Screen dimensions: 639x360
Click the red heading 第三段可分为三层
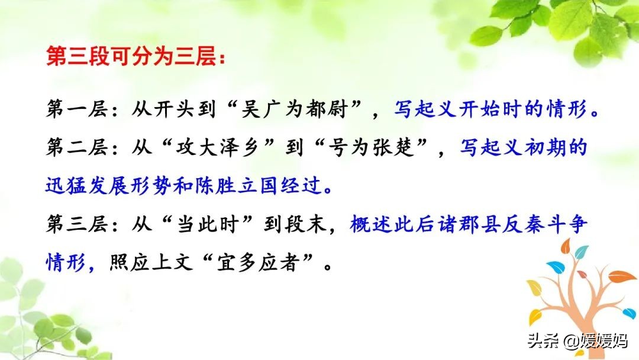(131, 56)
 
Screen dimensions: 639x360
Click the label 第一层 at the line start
(77, 110)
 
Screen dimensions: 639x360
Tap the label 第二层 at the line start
(77, 147)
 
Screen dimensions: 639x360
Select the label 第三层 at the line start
(77, 224)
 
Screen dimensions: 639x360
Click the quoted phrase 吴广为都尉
(293, 110)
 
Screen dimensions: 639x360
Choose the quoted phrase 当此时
(206, 224)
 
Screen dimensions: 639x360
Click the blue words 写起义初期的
(524, 147)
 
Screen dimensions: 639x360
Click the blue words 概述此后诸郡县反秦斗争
(468, 224)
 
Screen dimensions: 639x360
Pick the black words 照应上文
(151, 262)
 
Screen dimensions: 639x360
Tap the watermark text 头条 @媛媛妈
(577, 340)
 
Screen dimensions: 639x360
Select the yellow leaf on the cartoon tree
(534, 288)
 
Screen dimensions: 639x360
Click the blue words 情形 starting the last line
(66, 262)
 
